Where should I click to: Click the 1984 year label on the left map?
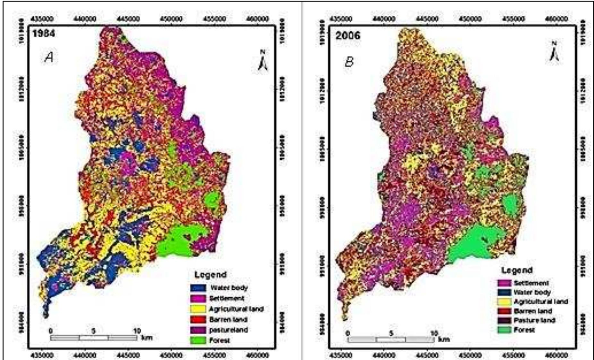click(x=44, y=33)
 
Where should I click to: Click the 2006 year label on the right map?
click(x=348, y=35)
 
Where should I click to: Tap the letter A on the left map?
click(x=49, y=57)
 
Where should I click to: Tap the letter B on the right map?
click(x=349, y=61)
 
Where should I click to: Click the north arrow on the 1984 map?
click(x=263, y=61)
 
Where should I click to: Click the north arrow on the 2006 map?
click(x=554, y=52)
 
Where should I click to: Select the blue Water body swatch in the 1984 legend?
click(x=198, y=288)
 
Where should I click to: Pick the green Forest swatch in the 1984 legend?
click(x=198, y=340)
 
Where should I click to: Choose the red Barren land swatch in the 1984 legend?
click(x=198, y=320)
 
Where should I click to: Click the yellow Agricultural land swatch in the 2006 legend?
click(x=504, y=302)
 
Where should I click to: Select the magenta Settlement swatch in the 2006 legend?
click(x=504, y=283)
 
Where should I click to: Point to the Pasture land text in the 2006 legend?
click(x=534, y=320)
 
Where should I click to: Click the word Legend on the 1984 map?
click(x=211, y=275)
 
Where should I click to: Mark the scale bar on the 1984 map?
click(x=94, y=338)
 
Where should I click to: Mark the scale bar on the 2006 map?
click(x=391, y=339)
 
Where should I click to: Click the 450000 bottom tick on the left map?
click(x=171, y=356)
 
